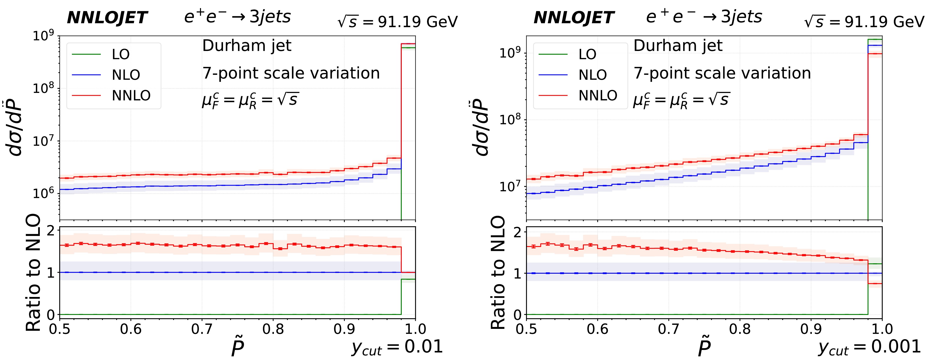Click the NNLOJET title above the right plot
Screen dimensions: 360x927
click(x=574, y=18)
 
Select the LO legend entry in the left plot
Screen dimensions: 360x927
click(x=120, y=54)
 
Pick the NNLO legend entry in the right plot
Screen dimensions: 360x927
click(x=598, y=95)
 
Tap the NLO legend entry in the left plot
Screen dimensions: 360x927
click(x=126, y=75)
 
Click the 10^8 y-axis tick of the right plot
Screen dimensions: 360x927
click(x=510, y=120)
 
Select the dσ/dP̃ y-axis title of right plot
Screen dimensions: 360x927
click(x=482, y=128)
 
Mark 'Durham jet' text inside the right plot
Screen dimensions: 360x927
click(x=678, y=46)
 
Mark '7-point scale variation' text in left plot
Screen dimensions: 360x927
click(x=291, y=73)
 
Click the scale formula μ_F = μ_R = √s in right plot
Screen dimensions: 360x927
click(x=681, y=100)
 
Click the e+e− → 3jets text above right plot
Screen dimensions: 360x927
click(x=704, y=17)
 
